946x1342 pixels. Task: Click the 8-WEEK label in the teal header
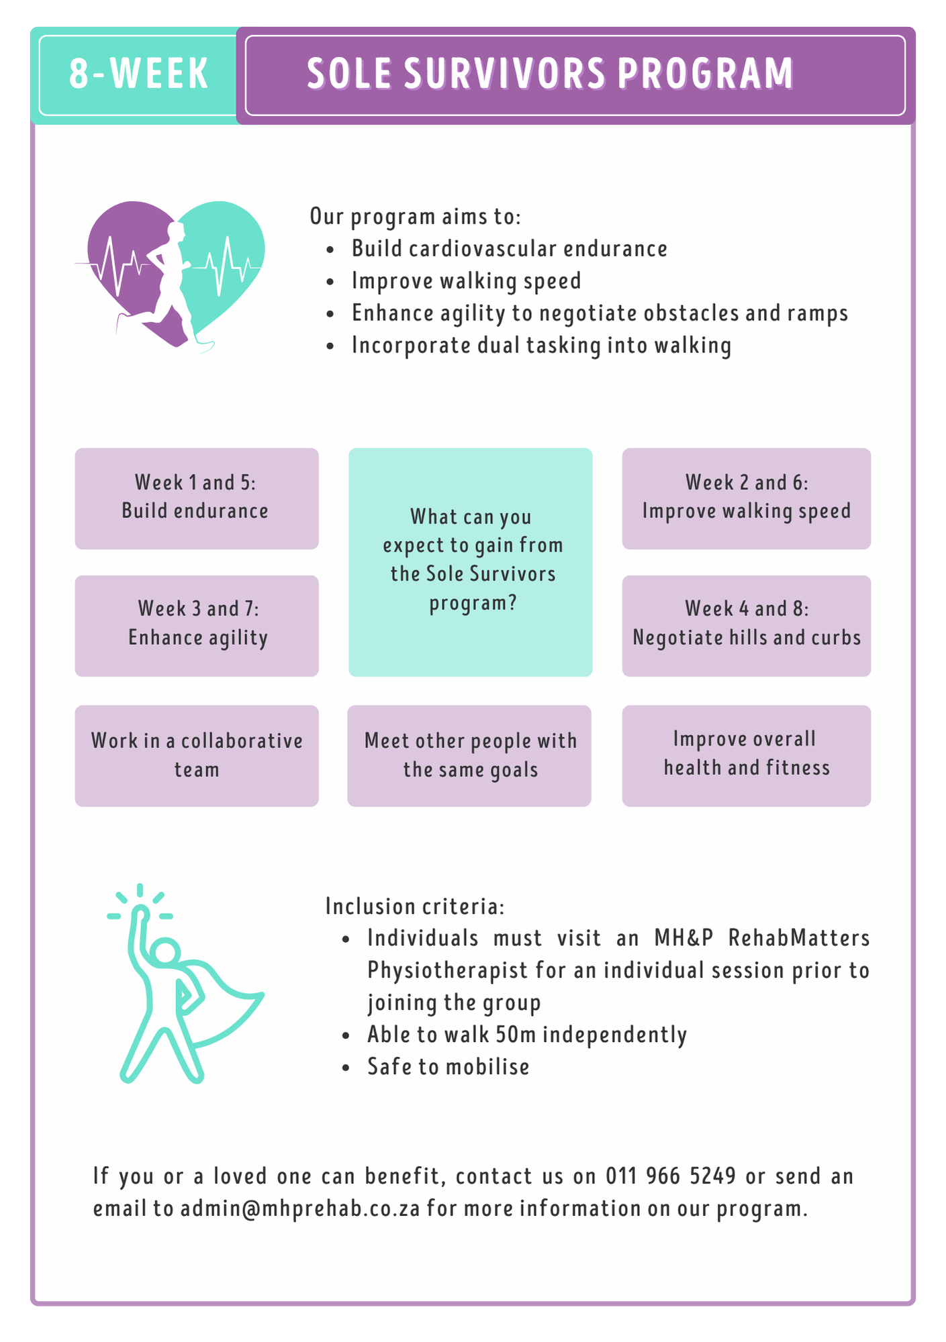click(x=139, y=74)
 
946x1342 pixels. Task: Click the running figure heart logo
click(x=170, y=276)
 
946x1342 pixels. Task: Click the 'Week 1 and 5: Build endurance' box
click(x=196, y=499)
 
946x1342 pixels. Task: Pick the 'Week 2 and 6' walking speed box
click(x=746, y=499)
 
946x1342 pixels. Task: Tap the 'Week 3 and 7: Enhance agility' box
click(x=196, y=625)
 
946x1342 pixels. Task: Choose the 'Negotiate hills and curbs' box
click(x=746, y=625)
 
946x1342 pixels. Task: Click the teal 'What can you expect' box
click(x=470, y=562)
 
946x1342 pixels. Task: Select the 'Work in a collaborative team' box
click(x=196, y=756)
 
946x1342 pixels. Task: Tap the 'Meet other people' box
click(x=469, y=756)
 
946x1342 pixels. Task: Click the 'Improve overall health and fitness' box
click(x=746, y=756)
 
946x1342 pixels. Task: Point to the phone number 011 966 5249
click(x=671, y=1176)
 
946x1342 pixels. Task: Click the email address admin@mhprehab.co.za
click(x=300, y=1208)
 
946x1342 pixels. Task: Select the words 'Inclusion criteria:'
click(x=415, y=907)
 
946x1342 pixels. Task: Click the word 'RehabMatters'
click(x=799, y=937)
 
